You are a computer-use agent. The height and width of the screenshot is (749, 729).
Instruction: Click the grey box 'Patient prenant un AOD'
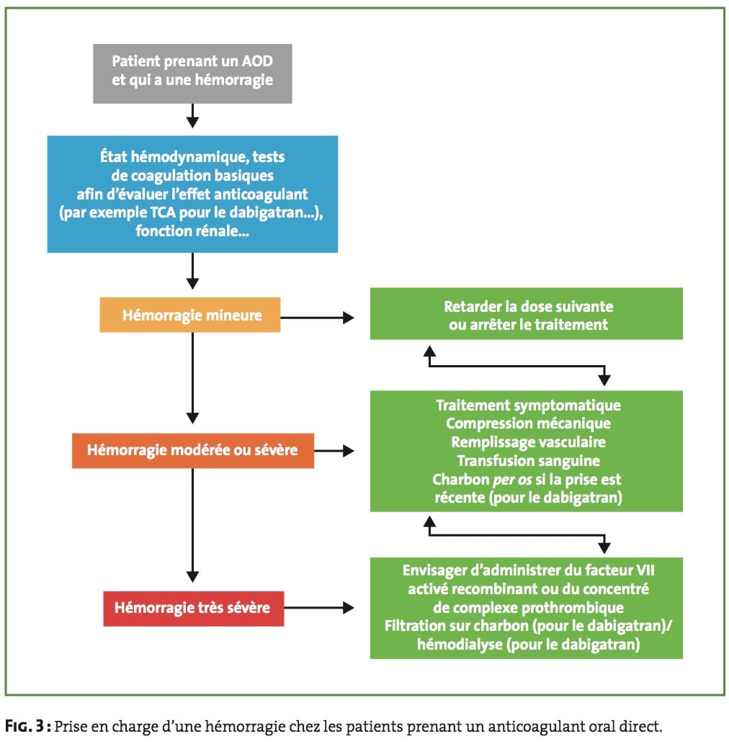192,73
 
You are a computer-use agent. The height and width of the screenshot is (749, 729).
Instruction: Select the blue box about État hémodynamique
192,194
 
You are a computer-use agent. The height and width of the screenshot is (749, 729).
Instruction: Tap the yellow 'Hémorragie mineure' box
190,315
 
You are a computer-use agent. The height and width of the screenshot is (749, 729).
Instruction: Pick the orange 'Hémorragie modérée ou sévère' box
193,450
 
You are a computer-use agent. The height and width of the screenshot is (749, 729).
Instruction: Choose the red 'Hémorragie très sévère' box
194,608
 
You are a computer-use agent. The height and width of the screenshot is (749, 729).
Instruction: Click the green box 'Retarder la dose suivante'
527,314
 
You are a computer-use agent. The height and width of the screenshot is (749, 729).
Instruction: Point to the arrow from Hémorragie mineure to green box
317,318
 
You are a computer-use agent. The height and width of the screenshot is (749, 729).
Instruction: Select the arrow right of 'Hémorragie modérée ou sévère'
334,450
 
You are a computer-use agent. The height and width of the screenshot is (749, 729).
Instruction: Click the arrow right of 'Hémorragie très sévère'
319,608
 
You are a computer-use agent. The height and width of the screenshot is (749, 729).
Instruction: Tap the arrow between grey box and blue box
192,116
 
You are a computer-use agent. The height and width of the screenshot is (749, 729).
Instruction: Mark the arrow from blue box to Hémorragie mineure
192,271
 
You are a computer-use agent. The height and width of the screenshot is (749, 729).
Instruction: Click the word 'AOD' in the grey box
257,61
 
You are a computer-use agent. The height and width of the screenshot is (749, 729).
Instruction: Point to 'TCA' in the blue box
164,212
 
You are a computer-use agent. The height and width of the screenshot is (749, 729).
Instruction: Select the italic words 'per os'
512,480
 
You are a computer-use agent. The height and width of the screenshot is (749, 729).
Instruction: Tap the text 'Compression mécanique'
528,423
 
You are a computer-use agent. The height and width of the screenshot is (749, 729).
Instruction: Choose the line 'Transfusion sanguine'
528,460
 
